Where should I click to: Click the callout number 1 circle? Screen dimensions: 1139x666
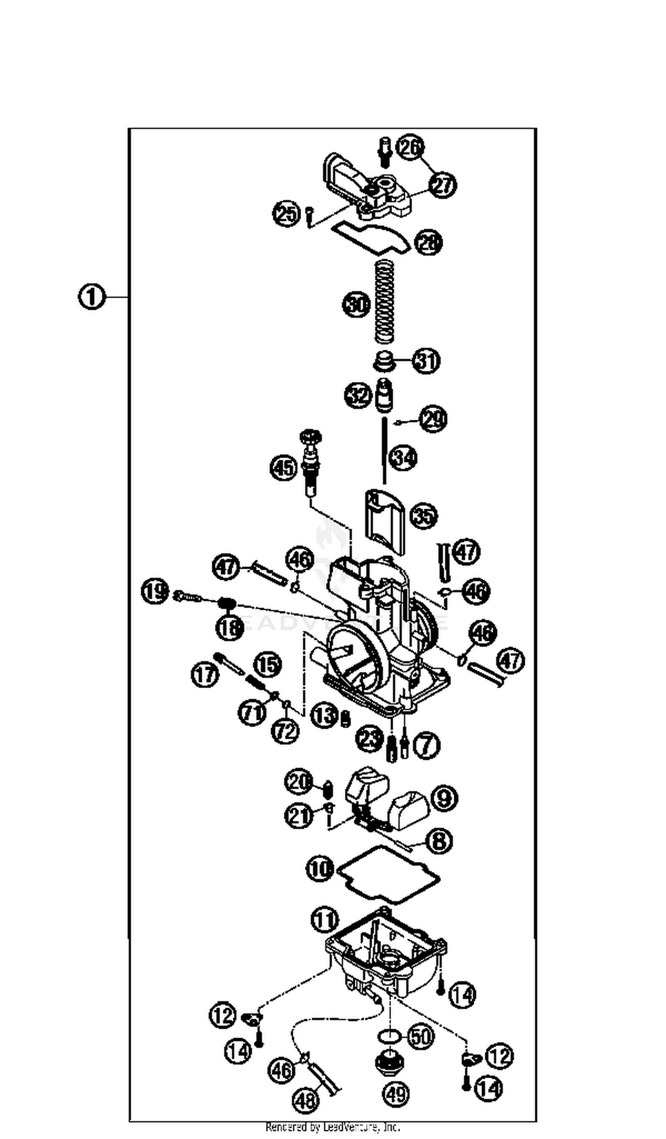91,297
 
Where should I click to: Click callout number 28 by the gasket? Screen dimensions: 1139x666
428,243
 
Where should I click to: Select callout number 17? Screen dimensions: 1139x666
205,675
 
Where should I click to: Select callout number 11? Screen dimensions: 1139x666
325,919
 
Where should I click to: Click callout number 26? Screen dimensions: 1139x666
410,148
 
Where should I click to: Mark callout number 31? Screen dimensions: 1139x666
426,361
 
